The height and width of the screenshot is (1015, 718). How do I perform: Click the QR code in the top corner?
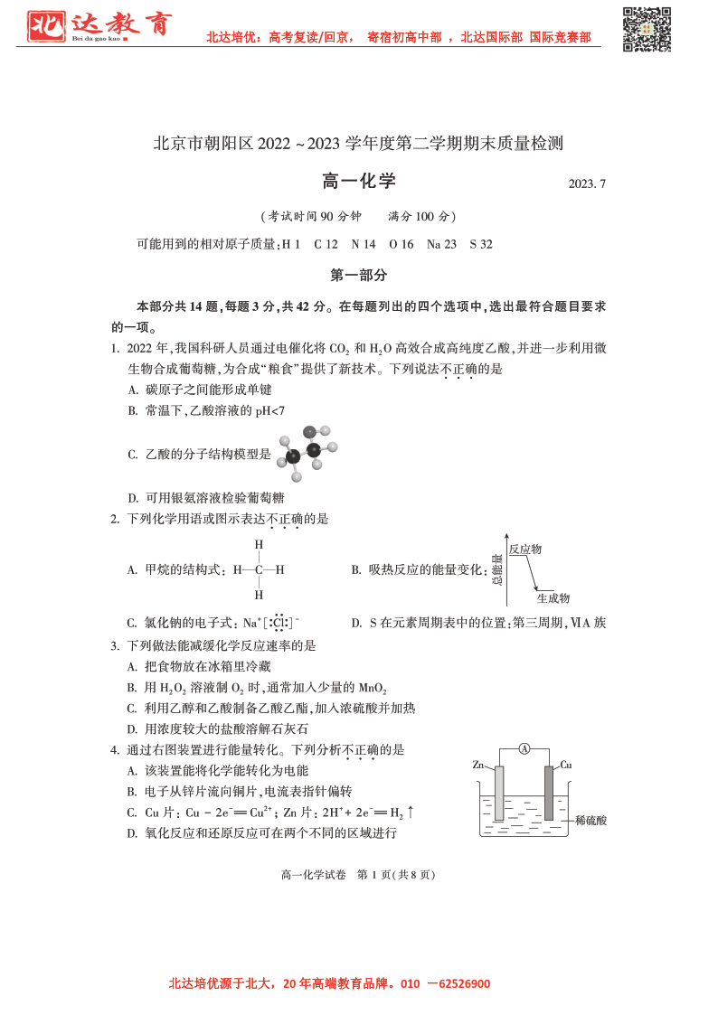647,29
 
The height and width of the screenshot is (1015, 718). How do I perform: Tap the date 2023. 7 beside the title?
587,183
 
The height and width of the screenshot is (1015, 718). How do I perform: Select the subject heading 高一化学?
359,182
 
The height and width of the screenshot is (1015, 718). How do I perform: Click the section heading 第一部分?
359,275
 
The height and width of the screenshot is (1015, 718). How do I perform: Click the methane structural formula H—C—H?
259,570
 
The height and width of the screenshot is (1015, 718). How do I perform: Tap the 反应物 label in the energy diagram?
524,549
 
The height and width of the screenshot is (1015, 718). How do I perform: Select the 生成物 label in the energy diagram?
553,598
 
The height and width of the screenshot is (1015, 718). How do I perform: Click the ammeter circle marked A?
524,748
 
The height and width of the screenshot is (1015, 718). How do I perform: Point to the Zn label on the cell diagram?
478,765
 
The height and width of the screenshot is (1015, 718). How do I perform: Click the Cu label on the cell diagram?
565,765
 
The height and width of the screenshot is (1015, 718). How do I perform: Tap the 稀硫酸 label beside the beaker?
590,821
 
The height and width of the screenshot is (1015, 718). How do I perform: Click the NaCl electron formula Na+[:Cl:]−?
270,623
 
